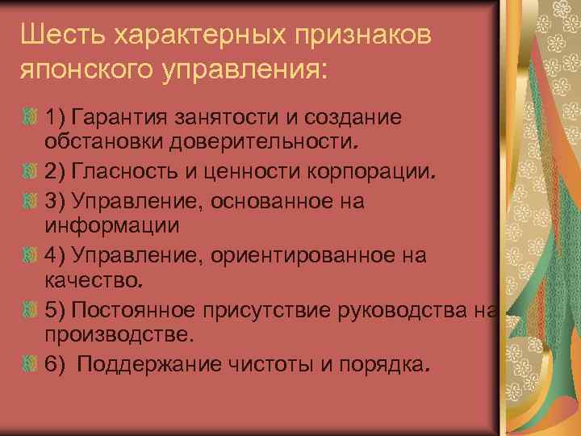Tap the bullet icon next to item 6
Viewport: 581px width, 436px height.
click(31, 365)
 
